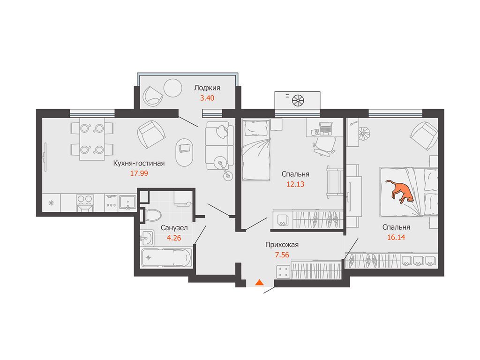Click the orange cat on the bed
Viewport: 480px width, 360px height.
coord(400,191)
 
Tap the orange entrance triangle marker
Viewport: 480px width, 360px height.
coord(259,282)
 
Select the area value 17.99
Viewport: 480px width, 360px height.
coord(139,173)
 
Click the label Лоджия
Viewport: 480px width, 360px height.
coord(207,88)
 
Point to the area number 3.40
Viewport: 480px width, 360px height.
coord(207,98)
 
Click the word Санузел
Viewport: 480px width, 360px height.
coord(174,228)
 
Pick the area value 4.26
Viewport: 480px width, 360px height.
coord(174,238)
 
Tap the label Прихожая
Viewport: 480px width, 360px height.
coord(282,245)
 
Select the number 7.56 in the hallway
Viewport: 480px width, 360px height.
coord(282,255)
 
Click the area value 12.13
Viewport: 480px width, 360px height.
coord(295,184)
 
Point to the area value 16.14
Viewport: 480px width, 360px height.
coord(396,237)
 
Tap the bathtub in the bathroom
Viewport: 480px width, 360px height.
coord(167,257)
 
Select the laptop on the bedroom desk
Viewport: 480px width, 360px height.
coord(325,128)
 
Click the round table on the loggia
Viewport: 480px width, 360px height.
coord(173,88)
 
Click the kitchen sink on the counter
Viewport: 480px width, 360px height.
coord(127,202)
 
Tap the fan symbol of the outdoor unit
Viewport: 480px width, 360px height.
coord(298,100)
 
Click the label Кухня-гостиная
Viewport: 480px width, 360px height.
coord(139,163)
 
